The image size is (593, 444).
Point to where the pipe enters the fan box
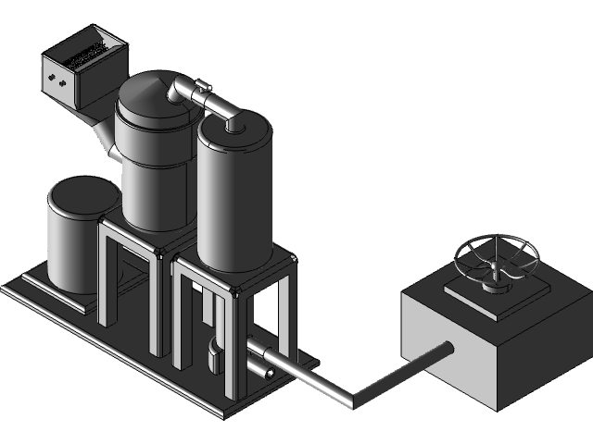[x=448, y=349]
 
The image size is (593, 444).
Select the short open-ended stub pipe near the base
[x=269, y=373]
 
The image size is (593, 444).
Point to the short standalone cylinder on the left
[x=78, y=231]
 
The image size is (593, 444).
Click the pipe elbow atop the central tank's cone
[x=178, y=90]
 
